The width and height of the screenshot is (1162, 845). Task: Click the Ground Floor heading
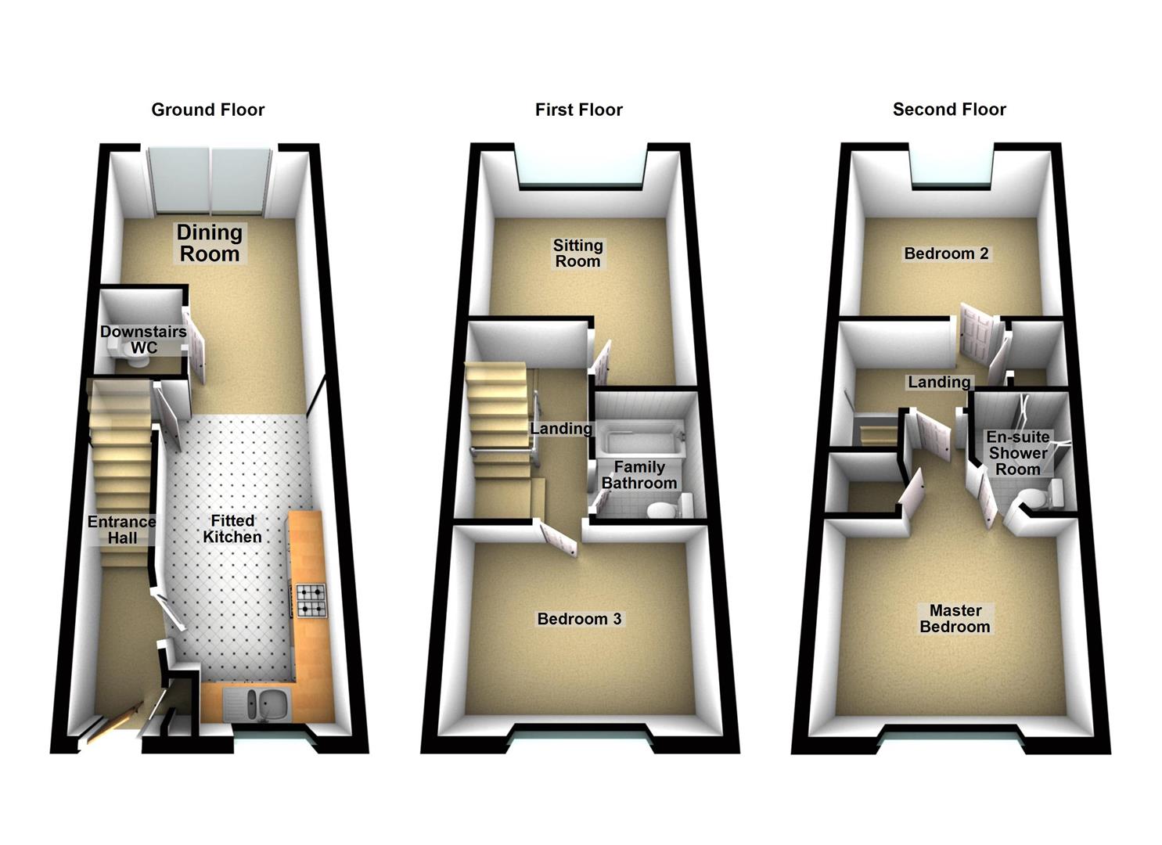tap(207, 110)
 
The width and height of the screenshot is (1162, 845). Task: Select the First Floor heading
tap(578, 110)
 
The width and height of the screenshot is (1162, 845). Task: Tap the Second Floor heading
tap(948, 110)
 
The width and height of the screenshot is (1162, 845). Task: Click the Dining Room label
tap(209, 243)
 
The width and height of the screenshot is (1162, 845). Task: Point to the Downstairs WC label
tap(143, 340)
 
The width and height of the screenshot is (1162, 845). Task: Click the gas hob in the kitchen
tap(311, 601)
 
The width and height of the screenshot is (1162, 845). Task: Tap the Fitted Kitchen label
tap(232, 529)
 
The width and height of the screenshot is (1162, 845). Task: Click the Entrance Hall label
tap(121, 530)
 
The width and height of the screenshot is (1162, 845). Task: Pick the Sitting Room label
tap(577, 253)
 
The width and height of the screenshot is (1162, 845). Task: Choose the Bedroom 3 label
tap(579, 619)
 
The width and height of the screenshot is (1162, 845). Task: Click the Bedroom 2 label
tap(945, 253)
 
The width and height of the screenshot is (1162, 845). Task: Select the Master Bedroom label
tap(955, 619)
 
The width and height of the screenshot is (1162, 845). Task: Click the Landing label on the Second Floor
tap(938, 382)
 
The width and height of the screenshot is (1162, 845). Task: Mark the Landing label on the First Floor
tap(561, 429)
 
